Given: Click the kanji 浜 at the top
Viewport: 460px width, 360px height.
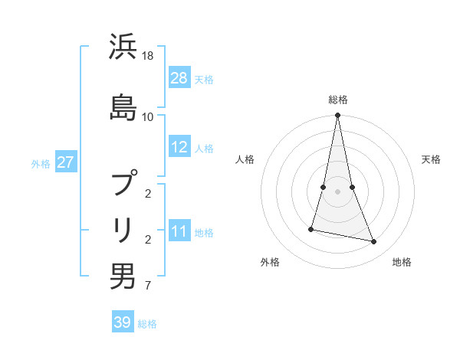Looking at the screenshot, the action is coord(123,47).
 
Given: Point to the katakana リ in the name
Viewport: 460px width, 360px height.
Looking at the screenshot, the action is coord(123,229).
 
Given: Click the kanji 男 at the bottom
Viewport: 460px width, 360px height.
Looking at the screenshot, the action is coord(123,277).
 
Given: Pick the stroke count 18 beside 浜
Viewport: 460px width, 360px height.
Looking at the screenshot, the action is coord(148,57).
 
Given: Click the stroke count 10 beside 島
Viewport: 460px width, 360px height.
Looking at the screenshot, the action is coord(148,116).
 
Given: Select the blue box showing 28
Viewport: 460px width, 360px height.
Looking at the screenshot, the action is coord(179,77).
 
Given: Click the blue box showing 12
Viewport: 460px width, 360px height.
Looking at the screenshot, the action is coord(179,147).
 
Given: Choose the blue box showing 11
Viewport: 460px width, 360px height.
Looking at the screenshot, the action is coord(179,231).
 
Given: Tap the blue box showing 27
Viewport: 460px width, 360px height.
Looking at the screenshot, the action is coord(66,162).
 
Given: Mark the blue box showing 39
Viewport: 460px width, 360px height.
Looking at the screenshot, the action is coord(123,322).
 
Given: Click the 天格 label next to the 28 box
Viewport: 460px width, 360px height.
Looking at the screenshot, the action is coord(204,79).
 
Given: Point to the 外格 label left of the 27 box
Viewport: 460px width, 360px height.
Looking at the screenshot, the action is coord(41,163).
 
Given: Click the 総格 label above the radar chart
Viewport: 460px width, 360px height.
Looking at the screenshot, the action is coord(338,100).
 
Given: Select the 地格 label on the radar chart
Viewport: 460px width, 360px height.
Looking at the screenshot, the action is coord(402,262).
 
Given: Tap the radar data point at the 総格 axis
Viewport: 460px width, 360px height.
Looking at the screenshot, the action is coord(338,116).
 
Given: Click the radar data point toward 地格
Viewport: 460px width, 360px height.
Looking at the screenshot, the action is coord(374,242).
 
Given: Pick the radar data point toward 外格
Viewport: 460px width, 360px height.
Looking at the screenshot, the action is coord(311,229).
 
